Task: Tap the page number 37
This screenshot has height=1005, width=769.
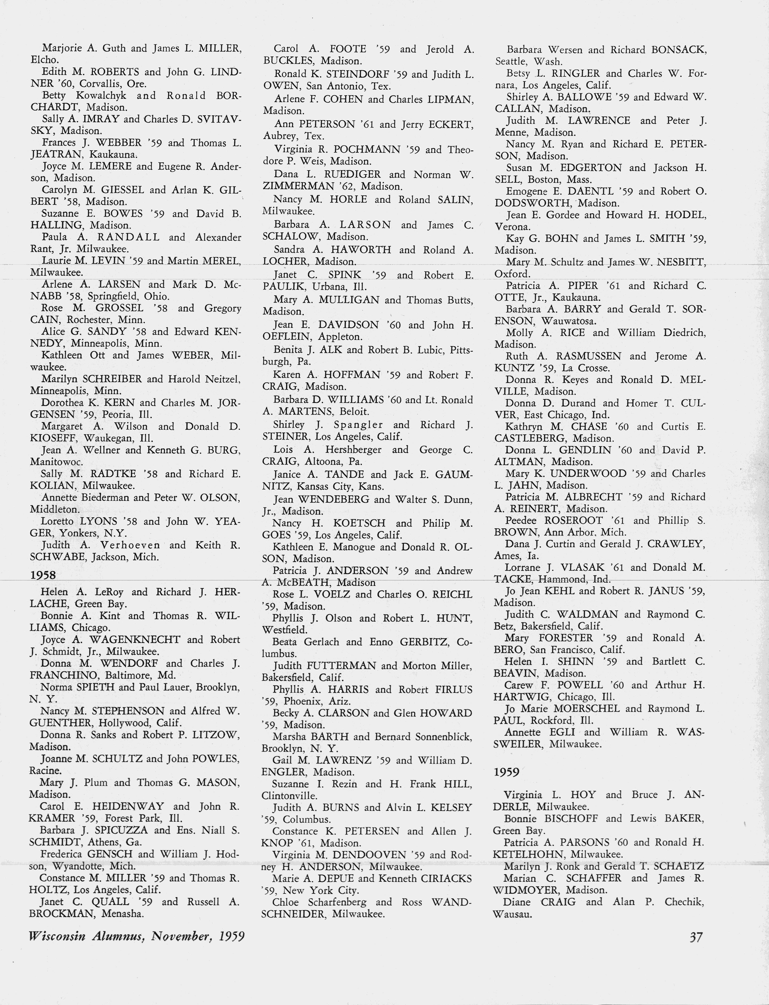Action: tap(696, 937)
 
